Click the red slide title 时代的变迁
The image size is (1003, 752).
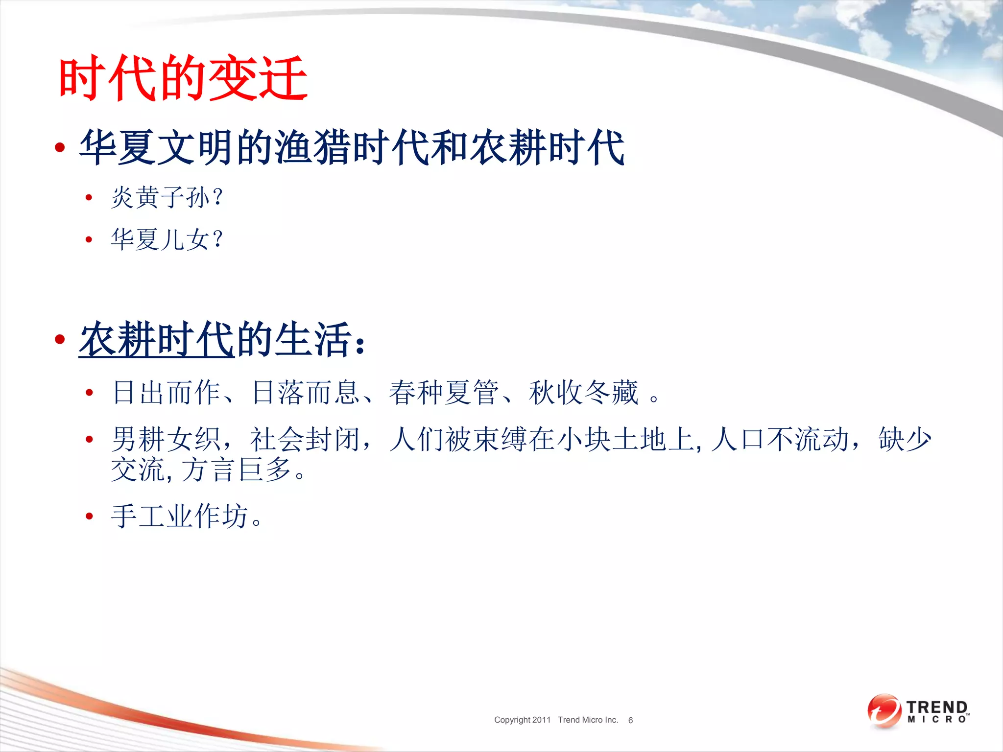[x=183, y=78]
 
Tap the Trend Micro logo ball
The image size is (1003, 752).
[x=884, y=711]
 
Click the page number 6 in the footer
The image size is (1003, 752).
[x=630, y=720]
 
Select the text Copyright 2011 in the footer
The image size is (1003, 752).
[x=522, y=720]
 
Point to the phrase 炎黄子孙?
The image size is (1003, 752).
[x=167, y=197]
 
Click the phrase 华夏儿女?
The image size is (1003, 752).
[x=167, y=239]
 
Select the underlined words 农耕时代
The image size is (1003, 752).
[x=157, y=339]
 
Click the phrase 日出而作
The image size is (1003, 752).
[x=167, y=393]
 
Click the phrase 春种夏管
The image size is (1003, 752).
[x=444, y=393]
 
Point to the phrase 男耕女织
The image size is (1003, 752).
[x=167, y=439]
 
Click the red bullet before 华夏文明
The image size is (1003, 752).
[x=60, y=147]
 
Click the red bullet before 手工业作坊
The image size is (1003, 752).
[x=89, y=516]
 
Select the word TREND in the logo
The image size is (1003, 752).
[x=937, y=707]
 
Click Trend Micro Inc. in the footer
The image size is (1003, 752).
[x=588, y=720]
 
